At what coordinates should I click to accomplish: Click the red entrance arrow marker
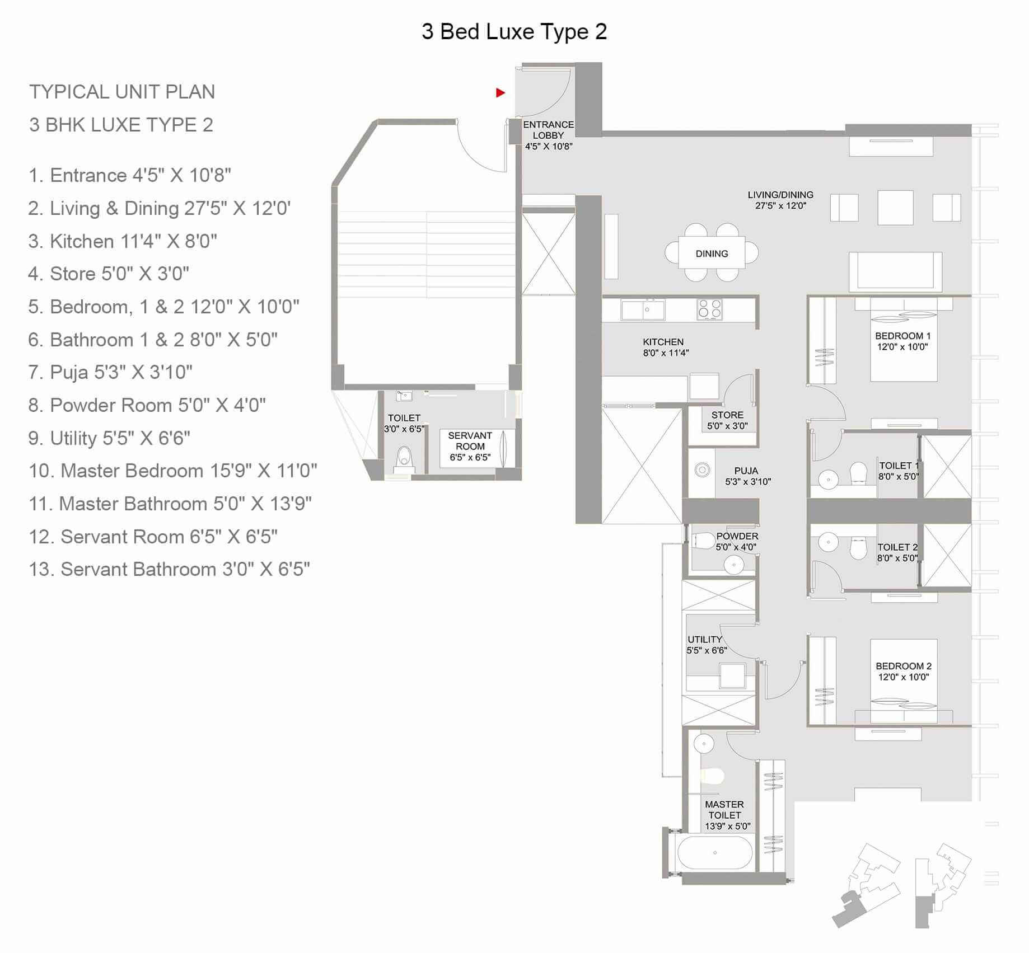(x=501, y=93)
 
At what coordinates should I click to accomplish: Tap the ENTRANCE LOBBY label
(x=548, y=135)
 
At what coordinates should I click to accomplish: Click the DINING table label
(x=712, y=253)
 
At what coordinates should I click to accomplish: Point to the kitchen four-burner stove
(x=709, y=309)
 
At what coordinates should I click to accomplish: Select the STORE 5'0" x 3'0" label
(x=727, y=420)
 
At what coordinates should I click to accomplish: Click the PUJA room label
(x=747, y=476)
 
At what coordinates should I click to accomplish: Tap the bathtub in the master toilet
(x=715, y=853)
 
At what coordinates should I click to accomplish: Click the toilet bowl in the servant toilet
(x=403, y=457)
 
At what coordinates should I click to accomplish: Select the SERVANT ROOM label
(x=470, y=446)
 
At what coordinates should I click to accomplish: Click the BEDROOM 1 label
(x=902, y=341)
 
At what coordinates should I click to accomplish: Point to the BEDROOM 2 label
(x=903, y=671)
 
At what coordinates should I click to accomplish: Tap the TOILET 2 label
(x=897, y=552)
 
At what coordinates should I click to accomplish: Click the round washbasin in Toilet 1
(x=828, y=479)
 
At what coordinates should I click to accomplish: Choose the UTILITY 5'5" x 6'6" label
(x=706, y=645)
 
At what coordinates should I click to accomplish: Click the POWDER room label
(x=736, y=541)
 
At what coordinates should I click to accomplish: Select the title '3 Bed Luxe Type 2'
(x=514, y=32)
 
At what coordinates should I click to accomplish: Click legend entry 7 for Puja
(x=110, y=372)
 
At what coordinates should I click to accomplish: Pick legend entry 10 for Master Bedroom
(x=172, y=471)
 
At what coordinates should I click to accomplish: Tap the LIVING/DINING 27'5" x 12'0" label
(x=780, y=200)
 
